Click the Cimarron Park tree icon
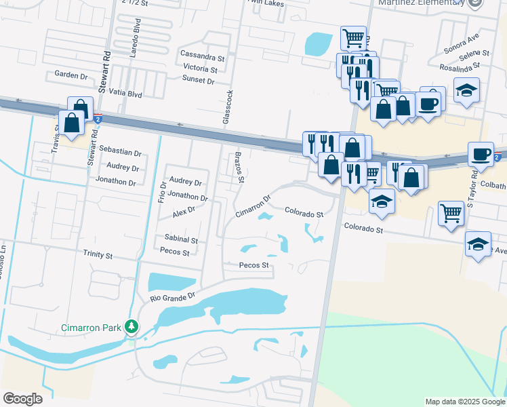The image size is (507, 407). pyautogui.click(x=131, y=328)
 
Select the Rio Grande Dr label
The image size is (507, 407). pyautogui.click(x=172, y=296)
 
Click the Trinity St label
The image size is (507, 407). pyautogui.click(x=98, y=254)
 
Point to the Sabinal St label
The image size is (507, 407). pyautogui.click(x=181, y=239)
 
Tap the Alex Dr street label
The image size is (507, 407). pyautogui.click(x=184, y=210)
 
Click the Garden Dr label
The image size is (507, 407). pyautogui.click(x=71, y=76)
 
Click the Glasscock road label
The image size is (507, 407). pyautogui.click(x=230, y=106)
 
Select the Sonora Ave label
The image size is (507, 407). pyautogui.click(x=461, y=47)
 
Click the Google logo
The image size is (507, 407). pyautogui.click(x=22, y=399)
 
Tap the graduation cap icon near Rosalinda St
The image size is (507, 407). pyautogui.click(x=466, y=91)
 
